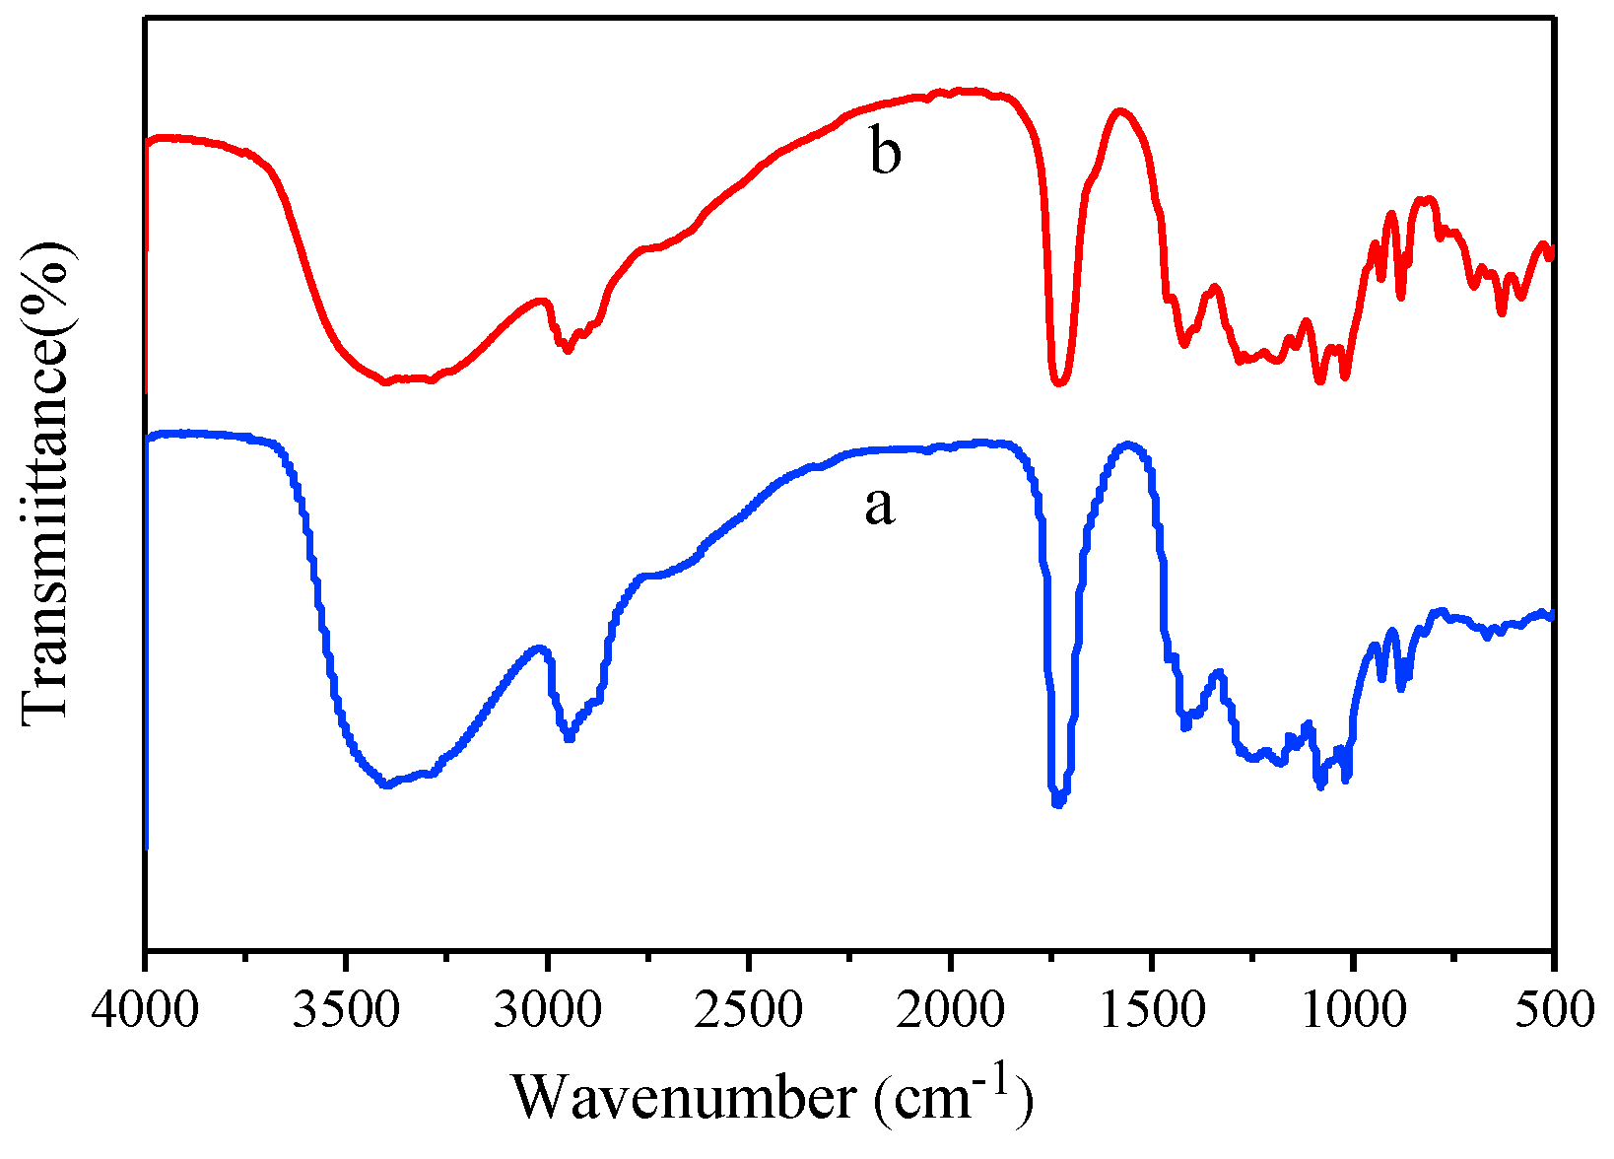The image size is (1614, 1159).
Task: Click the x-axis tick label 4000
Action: coord(146,1009)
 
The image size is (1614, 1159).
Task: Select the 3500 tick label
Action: coord(347,1009)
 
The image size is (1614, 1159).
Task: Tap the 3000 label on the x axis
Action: coord(548,1009)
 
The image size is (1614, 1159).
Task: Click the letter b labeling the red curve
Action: coord(885,153)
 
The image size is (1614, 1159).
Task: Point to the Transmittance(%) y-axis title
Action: coord(47,483)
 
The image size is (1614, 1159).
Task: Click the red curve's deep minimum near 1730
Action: coord(1059,382)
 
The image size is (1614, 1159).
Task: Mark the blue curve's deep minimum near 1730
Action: coord(1058,802)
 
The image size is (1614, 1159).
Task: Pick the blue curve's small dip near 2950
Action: coord(569,738)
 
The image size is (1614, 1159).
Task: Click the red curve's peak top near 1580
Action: coord(1120,110)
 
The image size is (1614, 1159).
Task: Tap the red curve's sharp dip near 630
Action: coord(1502,312)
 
